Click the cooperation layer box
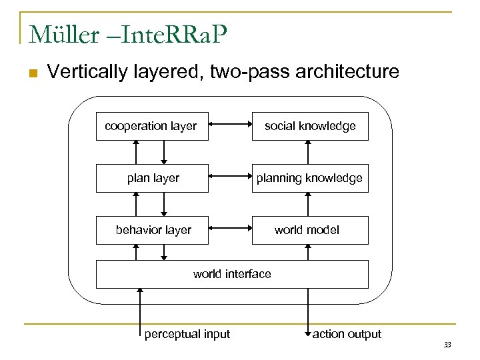point(151,126)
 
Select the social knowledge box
point(310,126)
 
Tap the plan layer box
point(153,178)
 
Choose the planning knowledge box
point(310,178)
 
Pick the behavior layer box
point(153,230)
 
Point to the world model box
point(310,230)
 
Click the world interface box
point(232,274)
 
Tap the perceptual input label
point(187,334)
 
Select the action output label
point(347,334)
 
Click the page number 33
point(447,344)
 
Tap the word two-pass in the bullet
point(250,72)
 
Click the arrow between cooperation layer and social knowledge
point(229,125)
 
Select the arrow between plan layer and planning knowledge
point(229,177)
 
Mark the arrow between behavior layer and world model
point(229,229)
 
